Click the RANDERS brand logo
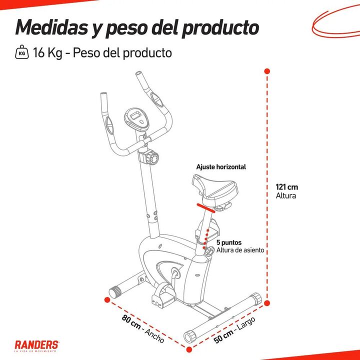click(36, 345)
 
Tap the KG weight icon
click(22, 52)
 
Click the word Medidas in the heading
click(51, 27)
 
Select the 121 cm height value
click(287, 187)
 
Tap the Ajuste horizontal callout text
click(221, 167)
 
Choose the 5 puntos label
click(229, 242)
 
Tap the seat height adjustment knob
click(209, 251)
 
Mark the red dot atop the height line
click(267, 71)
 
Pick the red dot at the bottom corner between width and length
click(189, 349)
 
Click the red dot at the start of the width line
click(107, 299)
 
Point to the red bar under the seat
click(205, 208)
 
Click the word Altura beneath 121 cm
click(286, 196)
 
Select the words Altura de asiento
click(240, 250)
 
